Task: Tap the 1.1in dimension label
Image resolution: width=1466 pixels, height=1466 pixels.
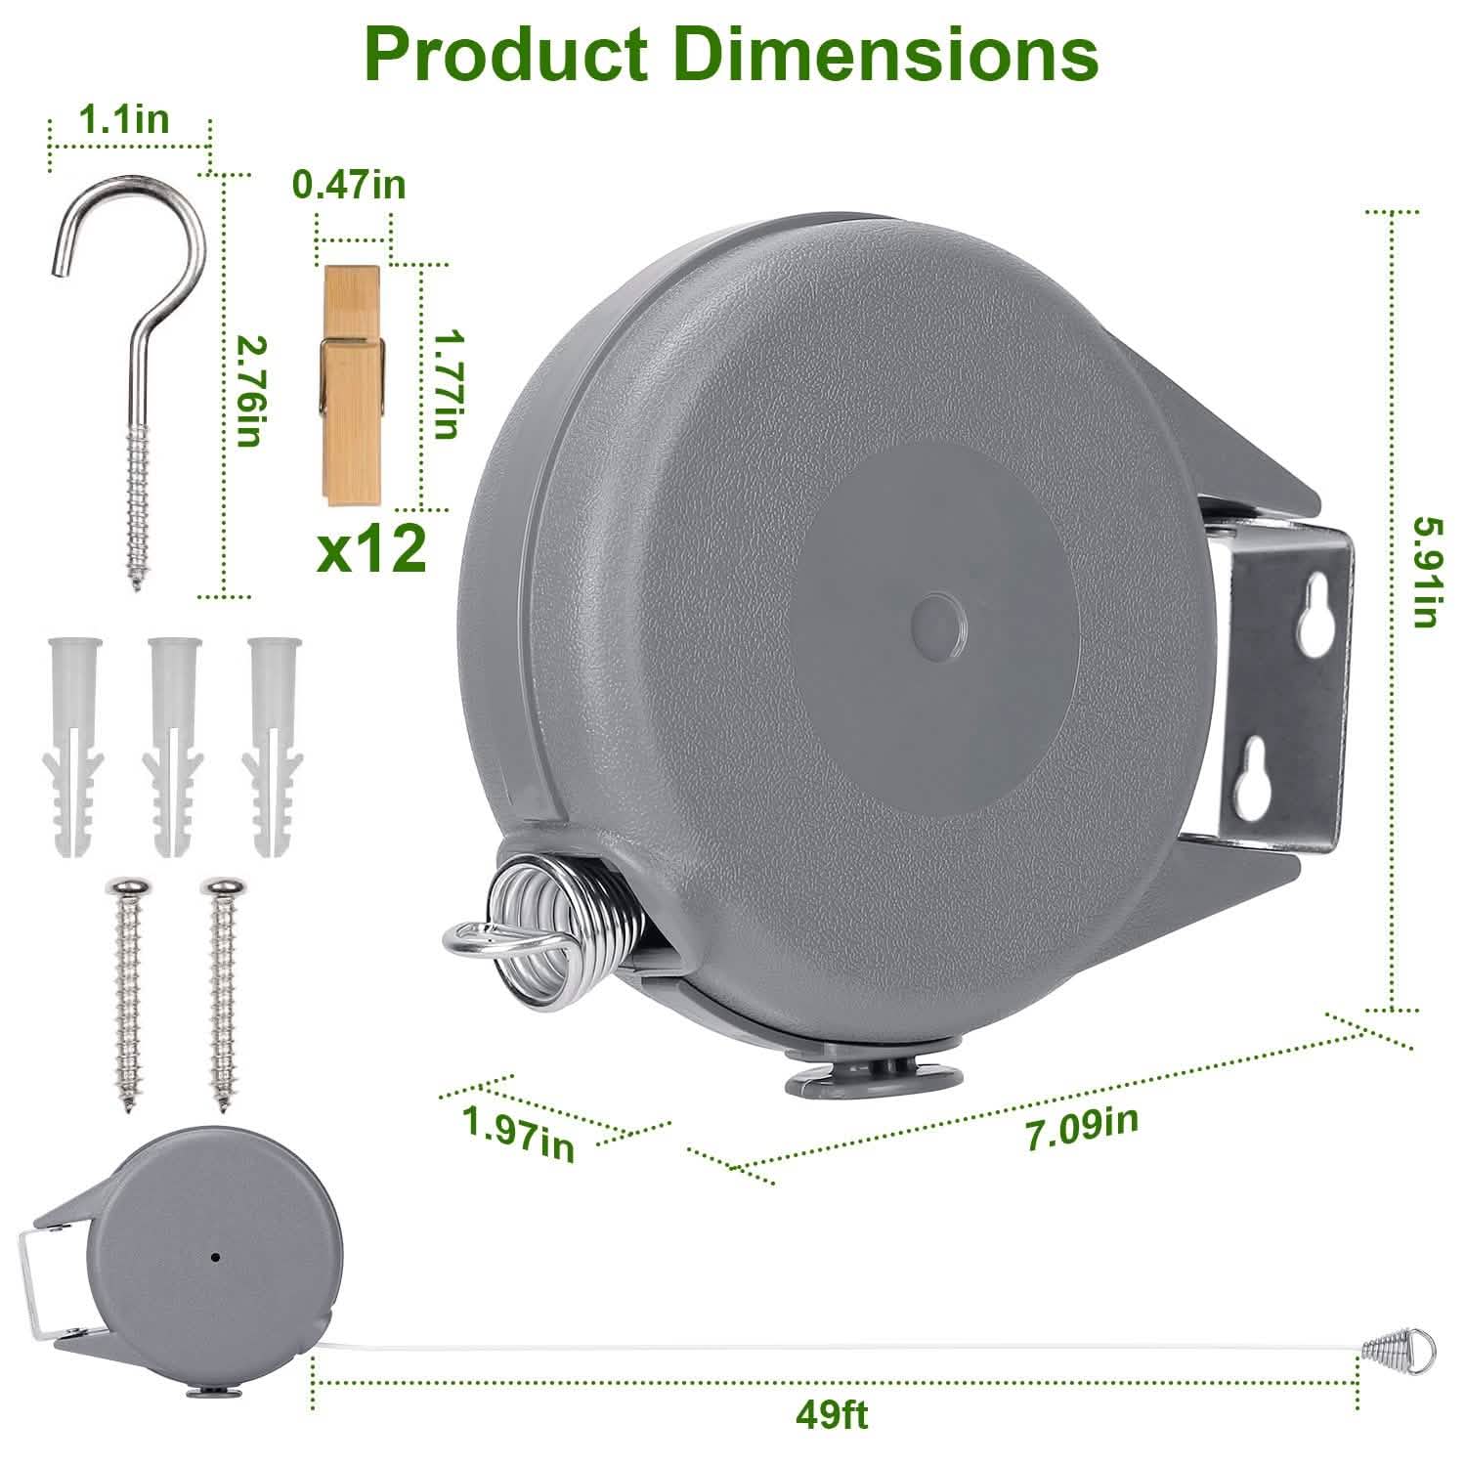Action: (123, 119)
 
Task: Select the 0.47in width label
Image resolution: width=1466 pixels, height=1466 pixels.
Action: (349, 183)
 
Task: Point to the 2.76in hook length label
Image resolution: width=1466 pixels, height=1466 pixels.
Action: (248, 391)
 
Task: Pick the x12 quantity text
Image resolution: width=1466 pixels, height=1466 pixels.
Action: (372, 550)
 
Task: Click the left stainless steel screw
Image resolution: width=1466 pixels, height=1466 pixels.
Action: (127, 992)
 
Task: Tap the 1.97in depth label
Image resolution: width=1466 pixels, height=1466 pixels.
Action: (519, 1136)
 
